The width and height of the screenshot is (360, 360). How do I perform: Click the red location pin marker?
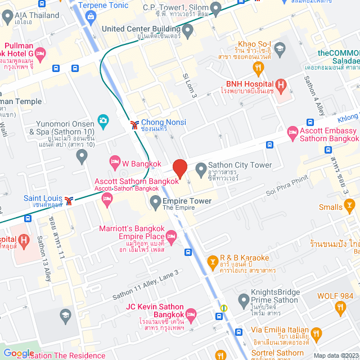(179, 168)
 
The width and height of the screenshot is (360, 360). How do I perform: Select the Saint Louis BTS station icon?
(69, 201)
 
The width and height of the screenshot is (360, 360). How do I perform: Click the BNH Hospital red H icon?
(281, 85)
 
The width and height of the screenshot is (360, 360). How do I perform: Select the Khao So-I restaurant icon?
(259, 69)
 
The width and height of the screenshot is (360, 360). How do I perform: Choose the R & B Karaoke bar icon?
(213, 262)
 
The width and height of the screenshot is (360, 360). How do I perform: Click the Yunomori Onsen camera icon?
(103, 120)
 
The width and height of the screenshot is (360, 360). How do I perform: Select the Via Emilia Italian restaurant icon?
(317, 334)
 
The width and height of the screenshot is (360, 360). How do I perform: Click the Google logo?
(19, 353)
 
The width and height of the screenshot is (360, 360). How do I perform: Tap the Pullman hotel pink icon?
(40, 53)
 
